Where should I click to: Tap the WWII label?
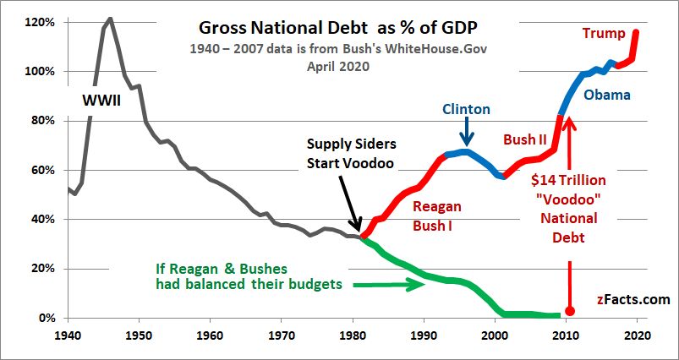point(101,101)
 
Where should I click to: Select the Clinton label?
point(465,109)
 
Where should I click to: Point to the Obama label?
point(607,95)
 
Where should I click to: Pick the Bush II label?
point(524,139)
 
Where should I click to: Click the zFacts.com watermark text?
point(632,299)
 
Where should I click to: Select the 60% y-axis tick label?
point(41,170)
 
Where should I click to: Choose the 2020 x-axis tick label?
point(637,334)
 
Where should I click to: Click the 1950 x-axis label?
point(137,334)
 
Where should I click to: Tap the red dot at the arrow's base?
point(570,310)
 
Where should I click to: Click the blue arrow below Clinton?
point(466,134)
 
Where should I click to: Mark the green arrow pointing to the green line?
point(385,285)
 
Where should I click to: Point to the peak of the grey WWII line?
point(110,19)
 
